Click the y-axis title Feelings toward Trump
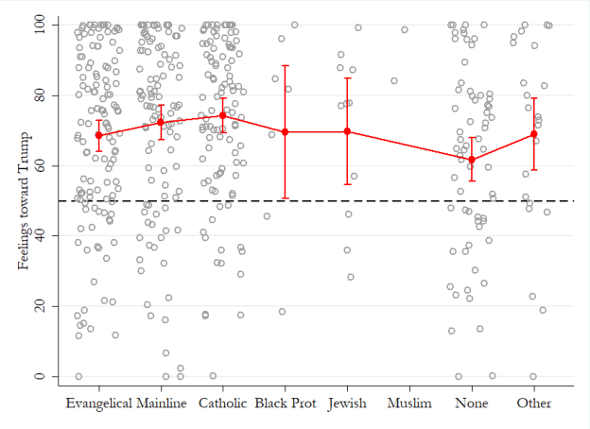24,199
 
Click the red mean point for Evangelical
98,135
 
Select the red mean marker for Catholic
223,115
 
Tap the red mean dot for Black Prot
285,132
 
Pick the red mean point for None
472,160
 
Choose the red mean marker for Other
534,134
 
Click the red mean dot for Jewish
347,131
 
